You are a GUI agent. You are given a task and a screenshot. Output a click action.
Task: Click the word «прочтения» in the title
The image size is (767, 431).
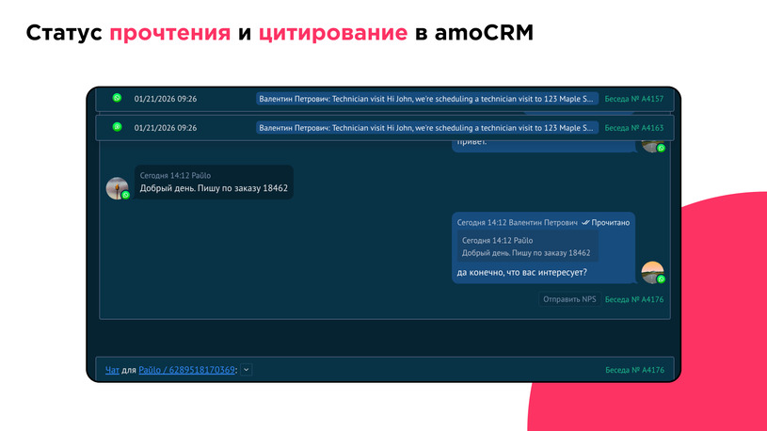(169, 34)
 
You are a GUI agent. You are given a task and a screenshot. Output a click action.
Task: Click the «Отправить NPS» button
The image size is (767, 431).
(569, 299)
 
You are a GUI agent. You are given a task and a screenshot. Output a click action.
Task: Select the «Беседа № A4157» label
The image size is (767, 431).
(633, 99)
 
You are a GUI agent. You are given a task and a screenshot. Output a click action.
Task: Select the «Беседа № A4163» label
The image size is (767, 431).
(633, 127)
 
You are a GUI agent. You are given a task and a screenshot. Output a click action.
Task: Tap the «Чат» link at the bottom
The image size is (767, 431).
(112, 370)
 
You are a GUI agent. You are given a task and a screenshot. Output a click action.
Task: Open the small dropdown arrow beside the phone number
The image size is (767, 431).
(247, 370)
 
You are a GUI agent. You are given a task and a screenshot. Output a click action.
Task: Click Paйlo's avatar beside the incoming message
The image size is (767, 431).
(117, 188)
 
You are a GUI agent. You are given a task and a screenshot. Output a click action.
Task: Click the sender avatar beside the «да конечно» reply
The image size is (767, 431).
(652, 272)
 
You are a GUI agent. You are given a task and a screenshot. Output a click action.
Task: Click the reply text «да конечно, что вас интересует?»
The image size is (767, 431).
(521, 273)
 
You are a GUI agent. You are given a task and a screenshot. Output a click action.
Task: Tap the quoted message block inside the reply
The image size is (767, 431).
(527, 247)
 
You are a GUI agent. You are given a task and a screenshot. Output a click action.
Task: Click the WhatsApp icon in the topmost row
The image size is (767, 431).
(117, 98)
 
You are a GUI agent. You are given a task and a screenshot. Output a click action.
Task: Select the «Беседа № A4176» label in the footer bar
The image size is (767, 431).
(633, 370)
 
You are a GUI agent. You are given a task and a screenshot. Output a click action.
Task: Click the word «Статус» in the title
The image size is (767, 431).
(63, 34)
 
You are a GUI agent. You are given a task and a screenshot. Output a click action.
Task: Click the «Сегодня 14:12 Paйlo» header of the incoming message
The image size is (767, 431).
(175, 175)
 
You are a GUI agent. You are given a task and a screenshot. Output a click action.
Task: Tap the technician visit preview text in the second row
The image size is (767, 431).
(427, 127)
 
